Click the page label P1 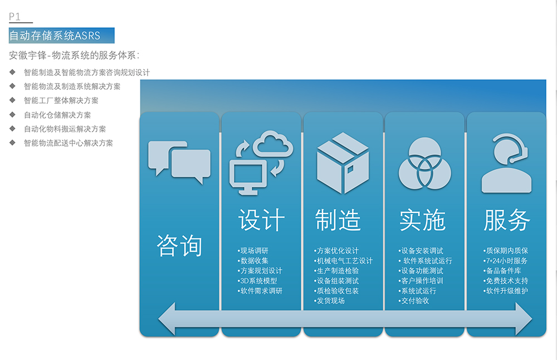click(x=15, y=17)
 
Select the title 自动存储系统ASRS click(x=55, y=36)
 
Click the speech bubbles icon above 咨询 click(x=179, y=161)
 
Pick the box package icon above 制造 click(x=343, y=163)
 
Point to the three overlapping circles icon click(x=423, y=162)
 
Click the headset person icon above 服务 click(x=506, y=163)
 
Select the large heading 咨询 click(x=179, y=245)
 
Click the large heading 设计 click(x=261, y=220)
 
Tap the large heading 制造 click(x=338, y=220)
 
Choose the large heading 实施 click(x=422, y=221)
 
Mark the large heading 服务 click(x=506, y=220)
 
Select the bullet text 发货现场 click(x=331, y=301)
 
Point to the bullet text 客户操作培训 click(x=422, y=281)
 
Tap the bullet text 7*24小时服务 click(x=506, y=261)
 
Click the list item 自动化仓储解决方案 click(x=57, y=115)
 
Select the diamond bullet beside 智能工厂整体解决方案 click(x=12, y=100)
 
